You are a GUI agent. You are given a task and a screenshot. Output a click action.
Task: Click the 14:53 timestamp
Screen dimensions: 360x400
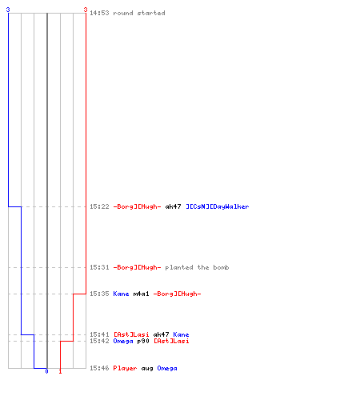[99, 13]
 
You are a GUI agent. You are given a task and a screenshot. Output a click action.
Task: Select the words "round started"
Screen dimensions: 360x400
[139, 13]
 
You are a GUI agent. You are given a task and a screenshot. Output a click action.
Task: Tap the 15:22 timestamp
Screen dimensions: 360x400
[99, 206]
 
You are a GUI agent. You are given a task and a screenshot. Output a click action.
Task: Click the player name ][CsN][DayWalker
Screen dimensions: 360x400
[218, 206]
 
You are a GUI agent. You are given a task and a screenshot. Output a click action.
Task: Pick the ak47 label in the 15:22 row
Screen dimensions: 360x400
[173, 206]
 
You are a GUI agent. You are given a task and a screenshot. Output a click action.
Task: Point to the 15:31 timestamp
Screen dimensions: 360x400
[99, 267]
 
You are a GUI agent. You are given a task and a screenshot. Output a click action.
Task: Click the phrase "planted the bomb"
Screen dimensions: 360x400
[197, 267]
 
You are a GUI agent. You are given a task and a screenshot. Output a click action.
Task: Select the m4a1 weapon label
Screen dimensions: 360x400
[141, 294]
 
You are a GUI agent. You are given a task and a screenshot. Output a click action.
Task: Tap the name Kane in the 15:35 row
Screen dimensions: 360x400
[121, 294]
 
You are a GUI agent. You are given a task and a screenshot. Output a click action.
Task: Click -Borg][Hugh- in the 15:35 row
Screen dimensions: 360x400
[177, 294]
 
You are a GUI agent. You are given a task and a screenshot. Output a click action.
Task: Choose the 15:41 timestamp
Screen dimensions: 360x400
[99, 334]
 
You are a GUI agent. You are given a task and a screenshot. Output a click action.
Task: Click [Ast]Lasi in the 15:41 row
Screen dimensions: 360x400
[131, 334]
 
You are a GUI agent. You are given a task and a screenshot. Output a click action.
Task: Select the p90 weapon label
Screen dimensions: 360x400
[143, 341]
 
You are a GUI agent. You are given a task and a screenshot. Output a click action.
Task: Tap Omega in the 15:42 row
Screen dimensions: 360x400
[123, 341]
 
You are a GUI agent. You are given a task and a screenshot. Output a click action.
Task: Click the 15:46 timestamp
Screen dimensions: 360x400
[99, 368]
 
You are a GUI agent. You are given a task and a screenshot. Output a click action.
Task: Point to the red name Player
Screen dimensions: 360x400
[125, 368]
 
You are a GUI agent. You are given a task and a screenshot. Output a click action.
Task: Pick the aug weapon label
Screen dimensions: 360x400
[147, 369]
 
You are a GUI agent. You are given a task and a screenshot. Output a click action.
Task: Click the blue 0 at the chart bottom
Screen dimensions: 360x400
[46, 371]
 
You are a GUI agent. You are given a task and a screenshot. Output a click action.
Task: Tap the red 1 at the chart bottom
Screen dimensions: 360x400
[60, 371]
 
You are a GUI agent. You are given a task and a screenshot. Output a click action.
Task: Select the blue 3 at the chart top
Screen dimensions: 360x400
[8, 10]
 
